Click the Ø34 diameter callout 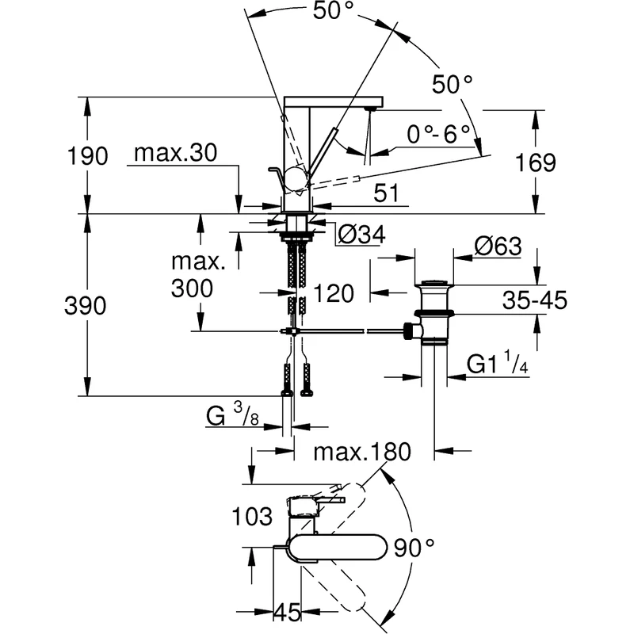[x=361, y=234]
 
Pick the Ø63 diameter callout [x=498, y=246]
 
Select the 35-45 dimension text [x=533, y=300]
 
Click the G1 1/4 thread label [x=498, y=364]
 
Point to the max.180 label [x=362, y=453]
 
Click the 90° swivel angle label [x=415, y=546]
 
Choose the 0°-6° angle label [x=438, y=134]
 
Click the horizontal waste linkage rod [x=349, y=330]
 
